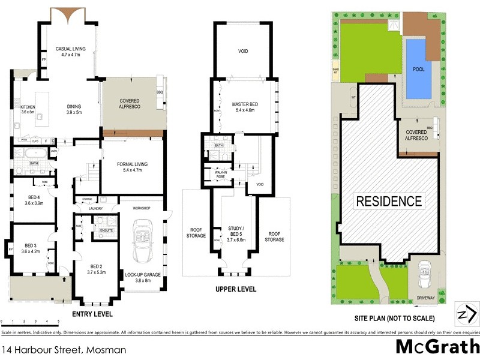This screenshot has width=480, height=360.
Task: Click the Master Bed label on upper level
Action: click(x=244, y=107)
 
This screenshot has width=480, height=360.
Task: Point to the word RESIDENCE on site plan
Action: click(x=389, y=201)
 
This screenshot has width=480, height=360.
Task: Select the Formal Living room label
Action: click(x=131, y=167)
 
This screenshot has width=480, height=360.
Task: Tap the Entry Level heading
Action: click(x=92, y=314)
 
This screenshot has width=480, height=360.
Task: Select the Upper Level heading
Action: click(x=236, y=289)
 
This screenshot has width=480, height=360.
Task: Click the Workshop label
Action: click(x=142, y=208)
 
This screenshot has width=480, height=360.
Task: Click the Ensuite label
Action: click(x=106, y=230)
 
